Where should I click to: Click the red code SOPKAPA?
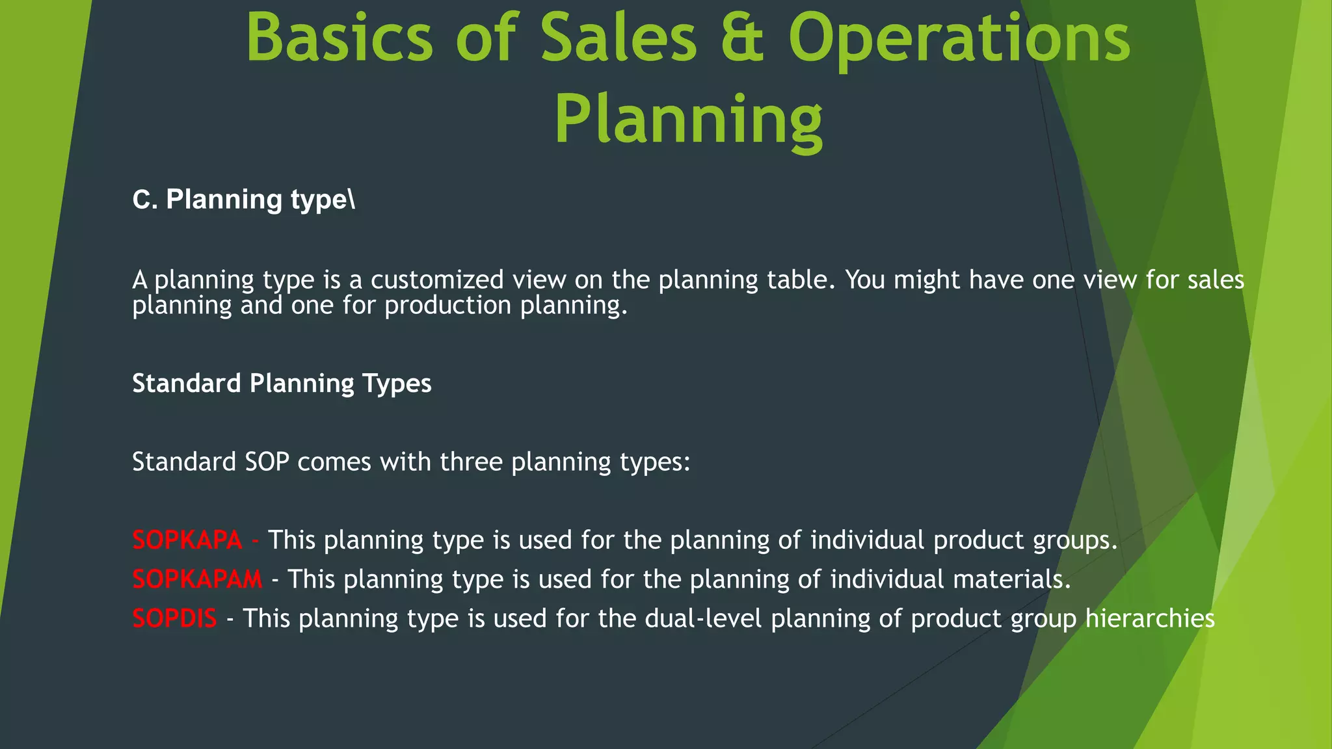coord(187,540)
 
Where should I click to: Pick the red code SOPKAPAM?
coord(197,579)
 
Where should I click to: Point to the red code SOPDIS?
coord(174,618)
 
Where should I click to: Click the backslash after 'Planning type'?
coord(352,200)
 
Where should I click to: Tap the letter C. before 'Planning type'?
coord(144,200)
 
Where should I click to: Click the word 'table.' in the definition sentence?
coord(801,280)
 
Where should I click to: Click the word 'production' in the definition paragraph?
coord(447,306)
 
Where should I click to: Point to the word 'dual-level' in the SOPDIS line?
coord(703,618)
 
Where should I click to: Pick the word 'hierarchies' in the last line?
coord(1150,618)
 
